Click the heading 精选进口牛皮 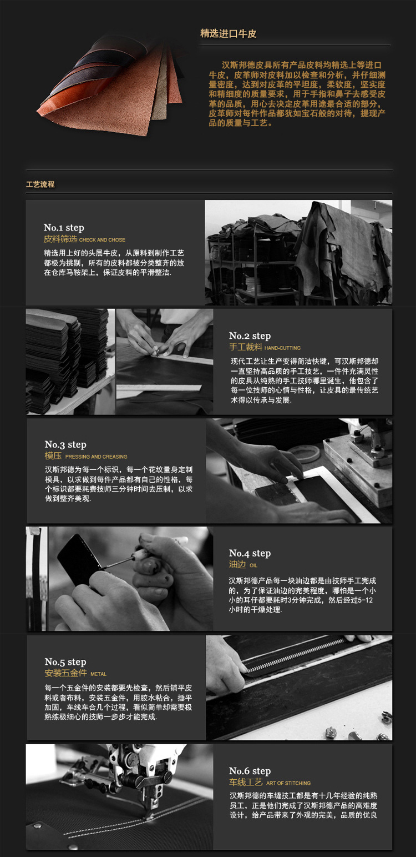click(x=228, y=34)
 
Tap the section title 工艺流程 click(x=40, y=184)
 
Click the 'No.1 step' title click(x=64, y=228)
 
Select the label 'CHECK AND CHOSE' click(x=102, y=240)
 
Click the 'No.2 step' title click(x=250, y=336)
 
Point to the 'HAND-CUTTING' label click(x=282, y=348)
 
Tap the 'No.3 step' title click(x=65, y=444)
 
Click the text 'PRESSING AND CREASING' click(x=97, y=457)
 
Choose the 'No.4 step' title click(x=250, y=553)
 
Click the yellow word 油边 click(x=237, y=564)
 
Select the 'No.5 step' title click(x=65, y=662)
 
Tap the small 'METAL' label click(x=99, y=674)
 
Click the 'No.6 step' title click(x=250, y=771)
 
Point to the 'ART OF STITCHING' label click(x=288, y=783)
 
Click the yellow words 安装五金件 click(x=65, y=673)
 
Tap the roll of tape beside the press click(x=305, y=452)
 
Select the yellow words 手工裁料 click(x=246, y=347)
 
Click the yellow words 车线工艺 click(x=246, y=782)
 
